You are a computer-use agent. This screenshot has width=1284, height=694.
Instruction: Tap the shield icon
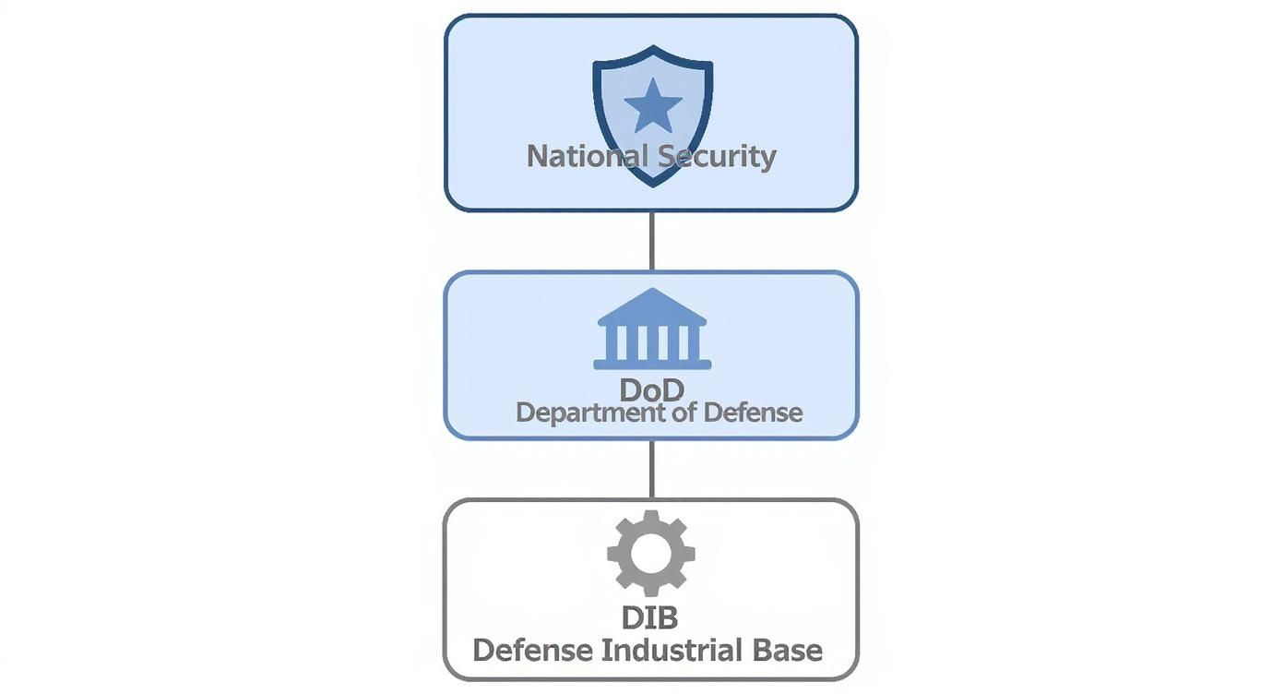click(x=653, y=116)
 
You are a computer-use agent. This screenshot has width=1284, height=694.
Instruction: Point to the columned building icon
click(x=652, y=329)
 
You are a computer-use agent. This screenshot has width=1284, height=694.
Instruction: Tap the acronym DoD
click(x=652, y=390)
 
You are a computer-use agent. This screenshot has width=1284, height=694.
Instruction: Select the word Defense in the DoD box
click(x=753, y=413)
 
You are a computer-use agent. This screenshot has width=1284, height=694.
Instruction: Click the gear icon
click(x=651, y=554)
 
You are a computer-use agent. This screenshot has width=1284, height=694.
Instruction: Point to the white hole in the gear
click(x=651, y=554)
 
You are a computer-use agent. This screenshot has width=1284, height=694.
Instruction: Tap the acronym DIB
click(x=650, y=617)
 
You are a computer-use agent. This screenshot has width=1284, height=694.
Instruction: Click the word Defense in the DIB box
click(x=532, y=651)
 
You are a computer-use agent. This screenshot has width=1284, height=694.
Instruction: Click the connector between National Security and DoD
click(x=652, y=242)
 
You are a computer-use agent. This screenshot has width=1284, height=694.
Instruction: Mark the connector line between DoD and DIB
click(x=652, y=469)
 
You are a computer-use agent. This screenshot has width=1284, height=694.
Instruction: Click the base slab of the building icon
click(x=652, y=365)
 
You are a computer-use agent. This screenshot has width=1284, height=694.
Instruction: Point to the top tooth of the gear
click(x=651, y=516)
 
